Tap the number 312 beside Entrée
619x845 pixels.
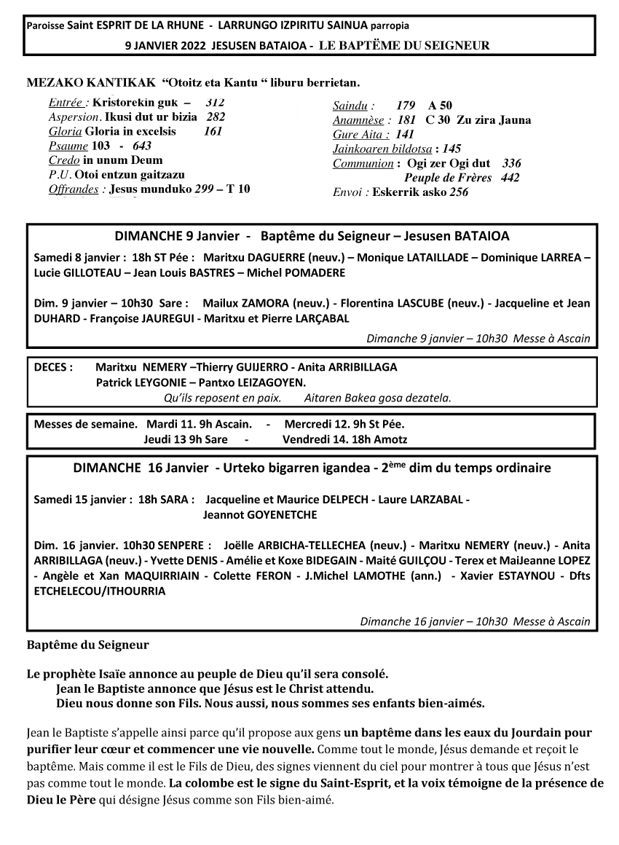click(216, 103)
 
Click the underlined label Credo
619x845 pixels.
click(64, 160)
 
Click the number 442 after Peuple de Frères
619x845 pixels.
click(510, 178)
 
